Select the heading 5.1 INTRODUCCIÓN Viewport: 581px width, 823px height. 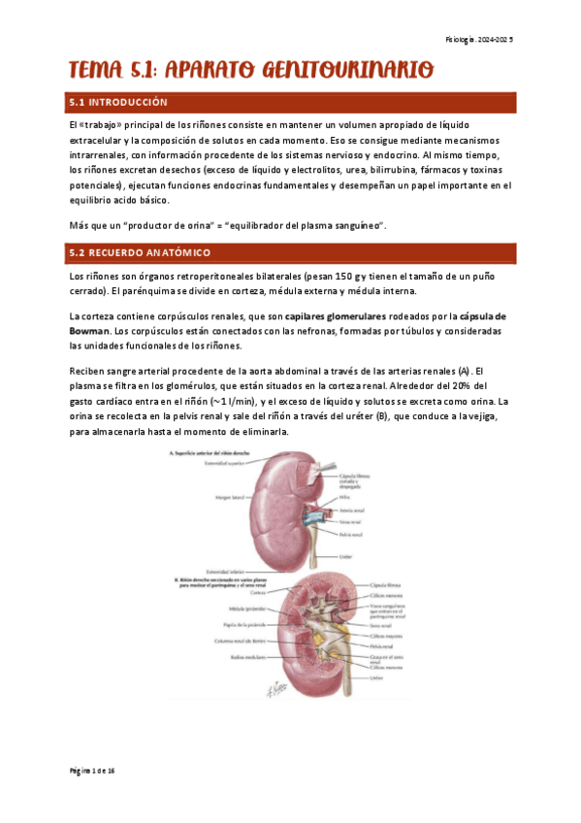(x=118, y=102)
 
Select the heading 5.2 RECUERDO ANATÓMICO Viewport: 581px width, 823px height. (x=139, y=252)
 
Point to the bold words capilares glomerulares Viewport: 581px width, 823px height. (x=335, y=316)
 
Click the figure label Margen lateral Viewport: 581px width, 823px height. (x=220, y=500)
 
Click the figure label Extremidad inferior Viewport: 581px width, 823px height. (x=223, y=572)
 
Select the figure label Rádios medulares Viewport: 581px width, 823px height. (x=223, y=656)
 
